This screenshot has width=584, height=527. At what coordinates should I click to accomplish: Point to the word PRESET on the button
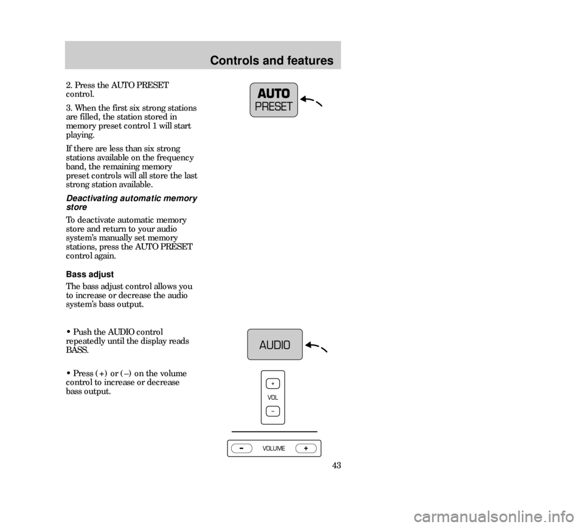pyautogui.click(x=274, y=107)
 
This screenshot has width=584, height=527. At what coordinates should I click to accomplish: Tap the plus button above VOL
pyautogui.click(x=273, y=383)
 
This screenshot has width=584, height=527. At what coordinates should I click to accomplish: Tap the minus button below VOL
pyautogui.click(x=273, y=411)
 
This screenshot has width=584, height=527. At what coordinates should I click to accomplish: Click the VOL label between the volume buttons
pyautogui.click(x=273, y=397)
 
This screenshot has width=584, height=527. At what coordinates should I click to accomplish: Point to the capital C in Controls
pyautogui.click(x=214, y=61)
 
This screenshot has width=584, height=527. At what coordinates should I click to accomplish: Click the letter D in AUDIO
pyautogui.click(x=276, y=345)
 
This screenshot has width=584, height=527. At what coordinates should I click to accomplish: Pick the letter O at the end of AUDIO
pyautogui.click(x=286, y=345)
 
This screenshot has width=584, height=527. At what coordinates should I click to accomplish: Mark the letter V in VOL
pyautogui.click(x=269, y=397)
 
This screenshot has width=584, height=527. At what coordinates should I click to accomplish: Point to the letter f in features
pyautogui.click(x=291, y=61)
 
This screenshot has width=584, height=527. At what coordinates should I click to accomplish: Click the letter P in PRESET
pyautogui.click(x=258, y=107)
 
